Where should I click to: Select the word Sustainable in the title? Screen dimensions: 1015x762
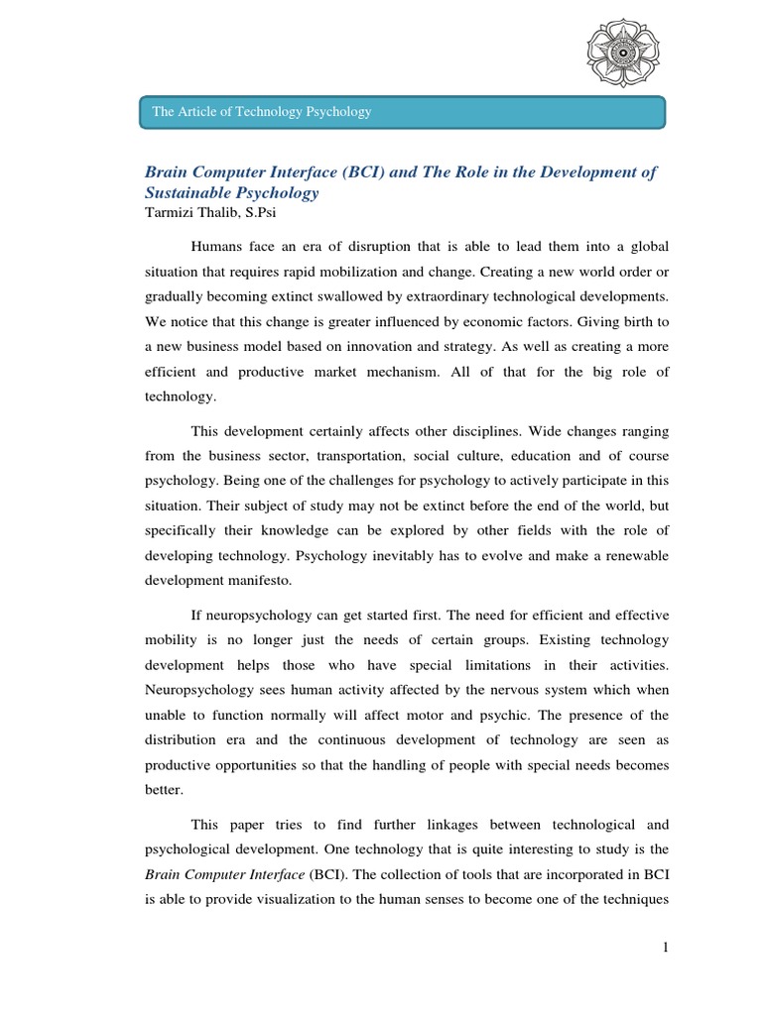[190, 192]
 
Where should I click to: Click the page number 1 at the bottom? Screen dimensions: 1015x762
[667, 949]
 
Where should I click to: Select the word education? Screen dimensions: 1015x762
[534, 457]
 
